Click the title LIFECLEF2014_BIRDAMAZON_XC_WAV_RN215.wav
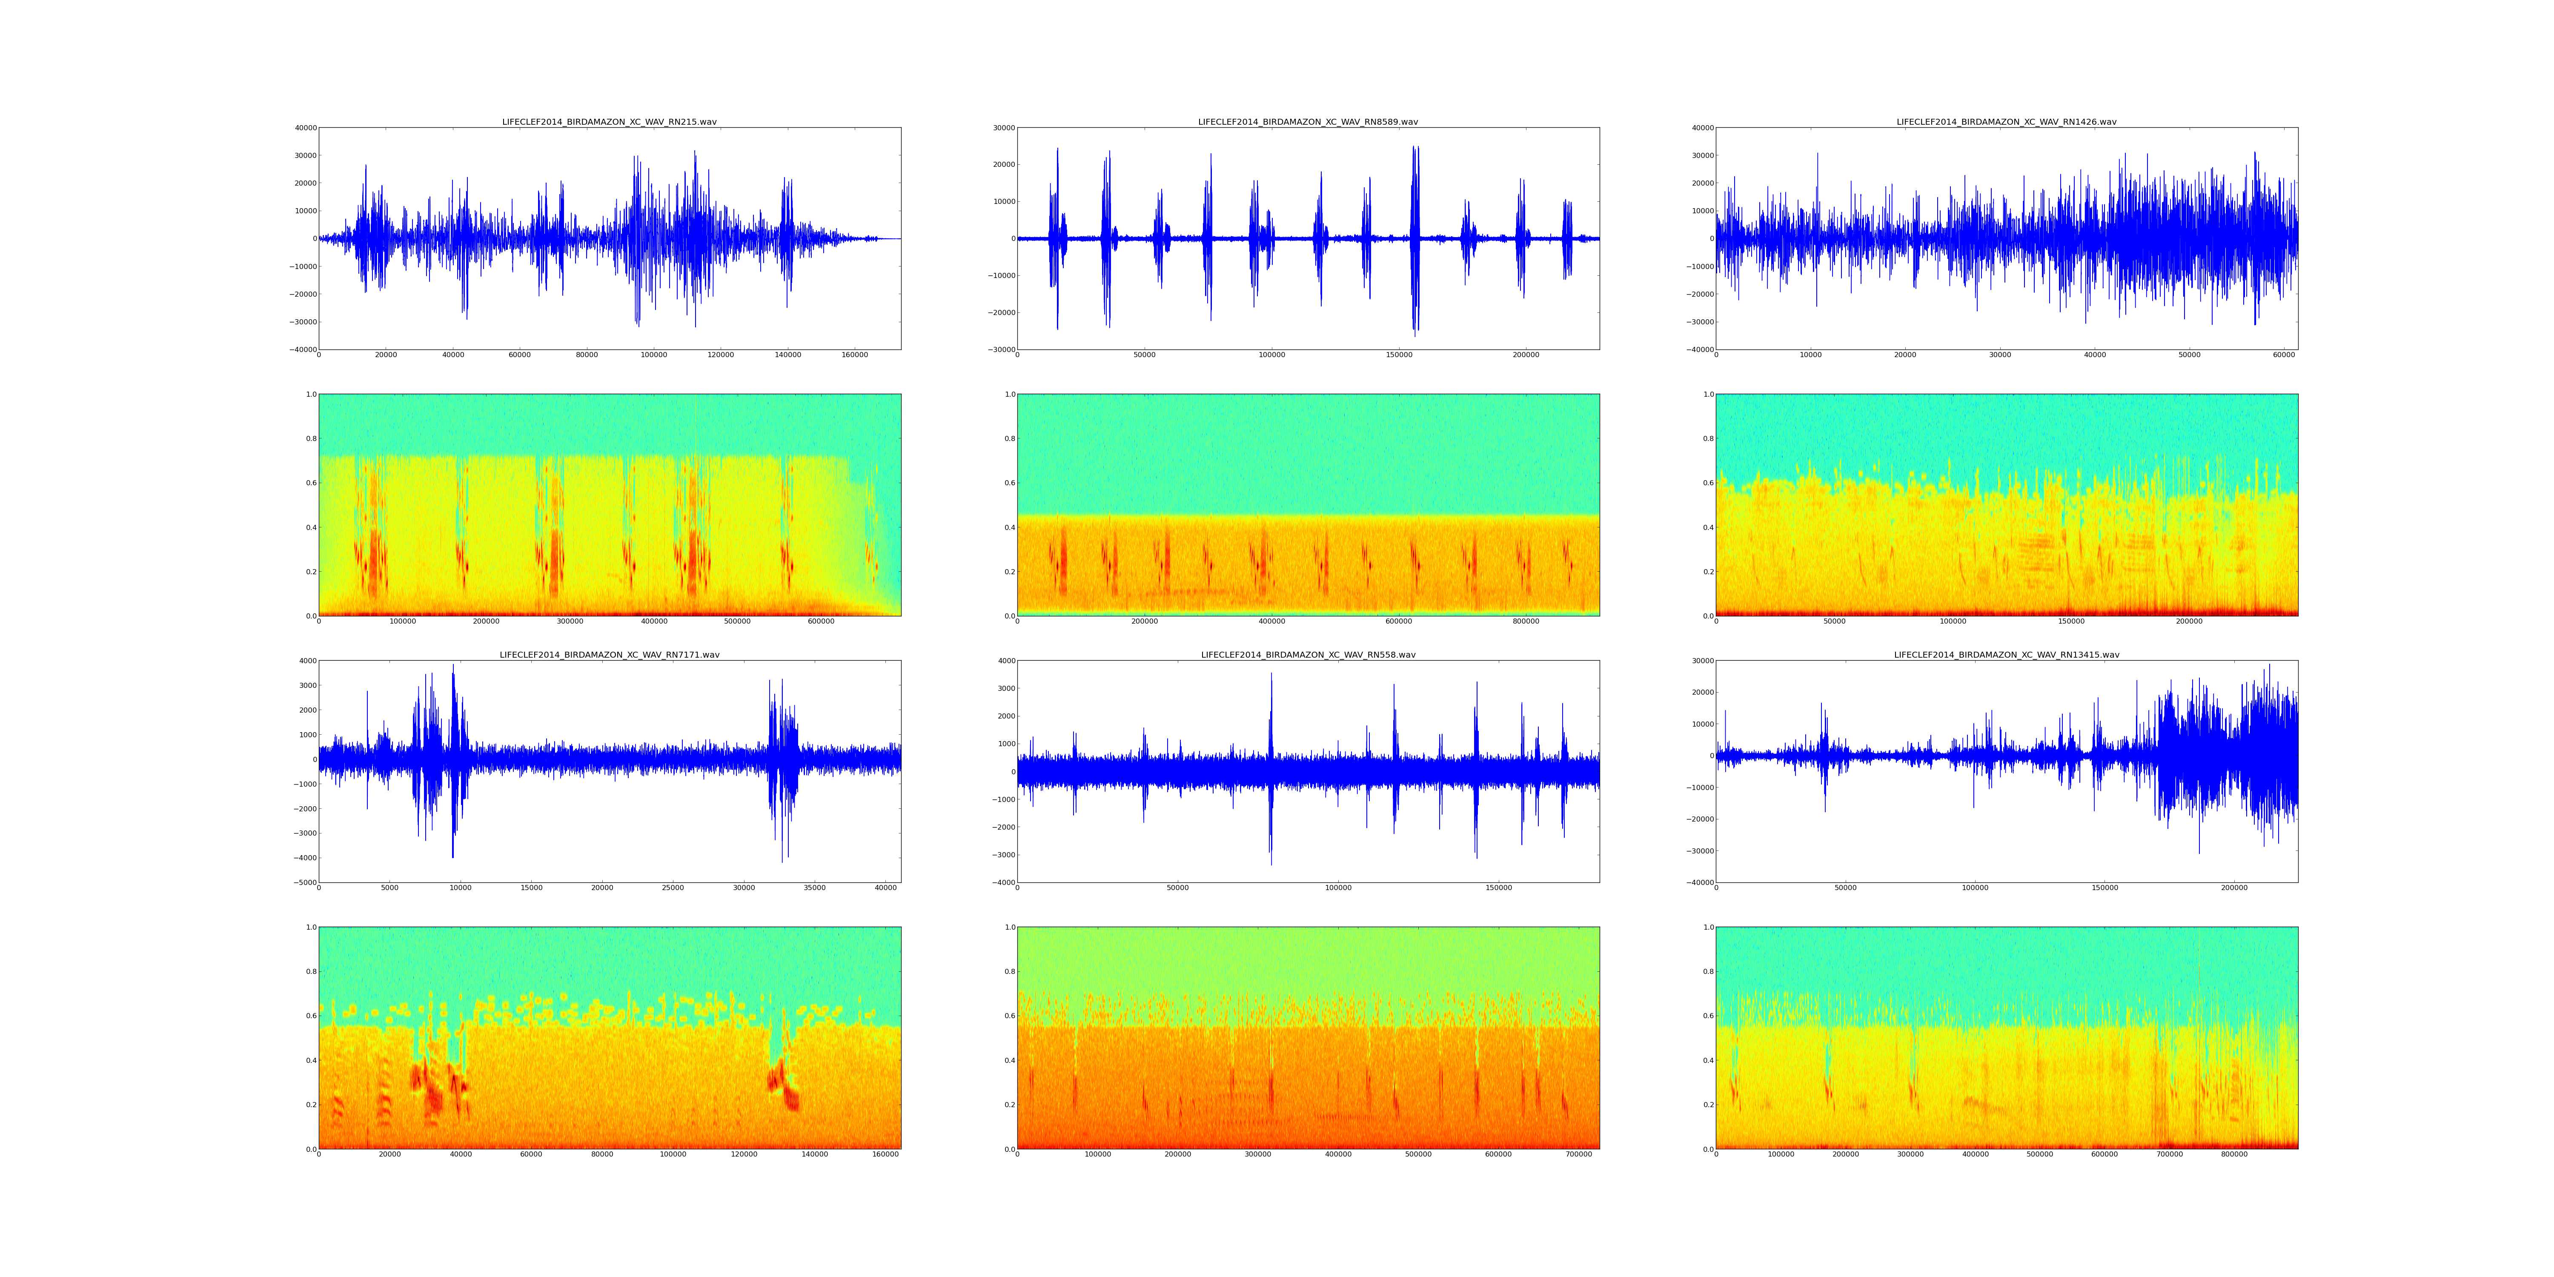point(609,122)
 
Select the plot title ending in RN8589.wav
point(1308,122)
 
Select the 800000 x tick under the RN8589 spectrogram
point(1526,621)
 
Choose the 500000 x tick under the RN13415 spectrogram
point(2040,1154)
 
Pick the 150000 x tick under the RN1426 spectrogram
point(2071,621)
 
